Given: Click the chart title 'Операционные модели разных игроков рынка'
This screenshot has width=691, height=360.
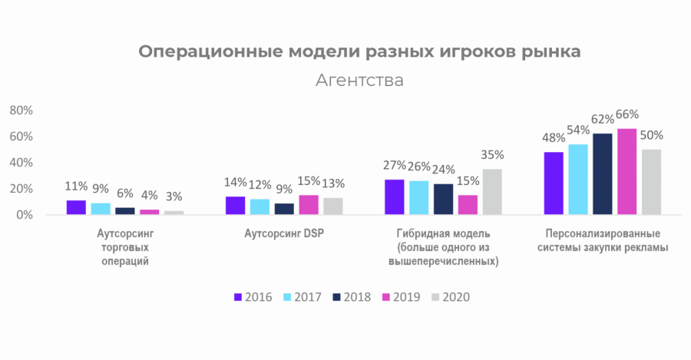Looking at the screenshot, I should (359, 51).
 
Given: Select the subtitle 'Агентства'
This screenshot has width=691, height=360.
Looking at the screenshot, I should (359, 80).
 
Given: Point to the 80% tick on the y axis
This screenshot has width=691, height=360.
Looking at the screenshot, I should (21, 111).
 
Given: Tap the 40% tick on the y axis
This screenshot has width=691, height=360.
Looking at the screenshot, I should (21, 163).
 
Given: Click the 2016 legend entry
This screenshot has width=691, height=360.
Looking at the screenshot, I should (253, 297).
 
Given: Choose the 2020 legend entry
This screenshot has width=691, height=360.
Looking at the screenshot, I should (451, 297).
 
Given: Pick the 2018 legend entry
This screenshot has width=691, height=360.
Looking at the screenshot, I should (352, 297).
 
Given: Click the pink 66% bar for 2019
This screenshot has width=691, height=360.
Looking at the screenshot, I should (627, 172).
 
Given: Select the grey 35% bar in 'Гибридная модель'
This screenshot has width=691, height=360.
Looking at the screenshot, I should (492, 192).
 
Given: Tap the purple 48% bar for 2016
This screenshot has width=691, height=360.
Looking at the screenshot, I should (553, 183).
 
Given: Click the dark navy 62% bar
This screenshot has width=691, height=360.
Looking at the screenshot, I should (603, 174).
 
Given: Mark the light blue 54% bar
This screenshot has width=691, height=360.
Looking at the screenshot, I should (578, 180).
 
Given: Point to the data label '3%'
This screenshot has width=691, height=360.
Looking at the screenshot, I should (174, 198).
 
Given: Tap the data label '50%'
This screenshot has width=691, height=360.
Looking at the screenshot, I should (652, 135).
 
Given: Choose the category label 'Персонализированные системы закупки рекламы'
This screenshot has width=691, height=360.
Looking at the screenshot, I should (603, 240).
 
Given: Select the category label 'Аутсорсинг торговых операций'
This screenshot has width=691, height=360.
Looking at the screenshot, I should (124, 247).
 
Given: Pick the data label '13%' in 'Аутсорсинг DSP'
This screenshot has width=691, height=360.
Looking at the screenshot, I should (332, 183).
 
